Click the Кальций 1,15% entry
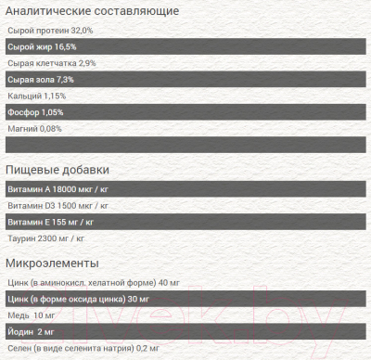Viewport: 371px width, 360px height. (x=36, y=96)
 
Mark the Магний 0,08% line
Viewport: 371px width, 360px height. (x=34, y=129)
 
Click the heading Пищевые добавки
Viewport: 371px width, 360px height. (x=58, y=170)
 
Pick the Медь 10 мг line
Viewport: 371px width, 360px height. (x=31, y=315)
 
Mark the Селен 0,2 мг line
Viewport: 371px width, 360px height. (x=76, y=348)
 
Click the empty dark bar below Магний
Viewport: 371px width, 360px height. (x=185, y=145)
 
